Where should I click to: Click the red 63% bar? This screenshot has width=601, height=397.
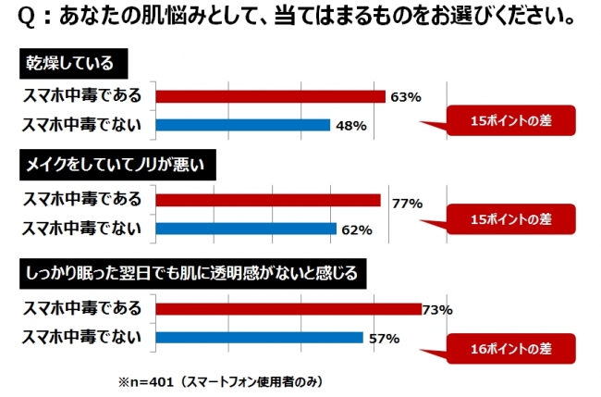pos(270,96)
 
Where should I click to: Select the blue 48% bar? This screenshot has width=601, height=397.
pos(243,124)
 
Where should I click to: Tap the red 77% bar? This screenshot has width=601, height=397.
pos(268,200)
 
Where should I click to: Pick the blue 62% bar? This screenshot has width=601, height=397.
pos(246,229)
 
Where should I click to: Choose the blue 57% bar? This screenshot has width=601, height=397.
pos(259,338)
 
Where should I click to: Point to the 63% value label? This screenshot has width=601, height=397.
pos(406,96)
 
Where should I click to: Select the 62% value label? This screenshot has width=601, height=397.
pos(357,230)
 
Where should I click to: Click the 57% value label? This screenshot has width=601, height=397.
pos(384,339)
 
